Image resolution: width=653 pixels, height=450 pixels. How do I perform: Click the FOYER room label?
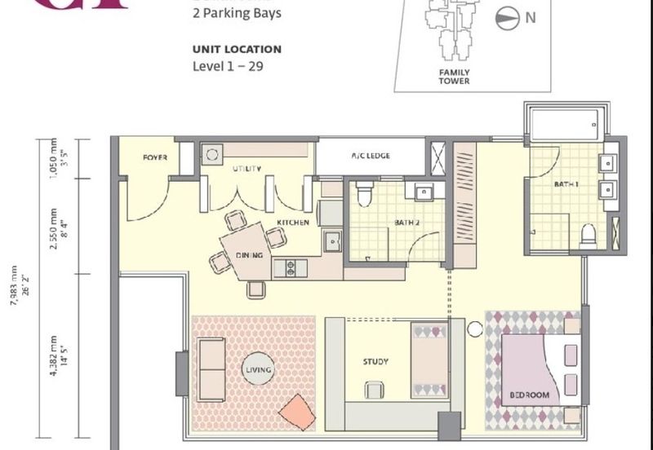(155, 157)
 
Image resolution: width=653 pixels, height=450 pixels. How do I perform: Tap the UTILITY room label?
(247, 169)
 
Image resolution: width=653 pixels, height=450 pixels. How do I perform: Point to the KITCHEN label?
(291, 223)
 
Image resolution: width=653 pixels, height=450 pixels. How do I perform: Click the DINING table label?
(250, 255)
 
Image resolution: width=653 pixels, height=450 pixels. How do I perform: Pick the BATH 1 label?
(566, 185)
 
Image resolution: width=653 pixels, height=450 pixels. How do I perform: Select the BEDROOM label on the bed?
(529, 395)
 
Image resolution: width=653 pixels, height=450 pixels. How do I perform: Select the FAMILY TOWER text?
(455, 76)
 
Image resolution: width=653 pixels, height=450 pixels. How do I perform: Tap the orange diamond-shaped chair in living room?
(296, 412)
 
